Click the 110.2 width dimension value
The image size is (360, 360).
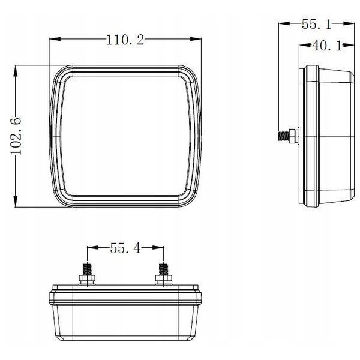point(125,40)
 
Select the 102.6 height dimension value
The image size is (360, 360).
point(16,136)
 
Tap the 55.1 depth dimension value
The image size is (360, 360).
point(317,25)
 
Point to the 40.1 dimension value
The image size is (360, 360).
point(327,46)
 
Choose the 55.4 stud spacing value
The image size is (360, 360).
point(125,248)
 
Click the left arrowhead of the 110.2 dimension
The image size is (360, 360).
point(55,39)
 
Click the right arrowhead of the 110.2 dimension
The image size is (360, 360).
point(196,39)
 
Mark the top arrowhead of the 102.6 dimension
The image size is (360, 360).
point(16,71)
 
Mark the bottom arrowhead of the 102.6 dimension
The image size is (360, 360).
point(16,202)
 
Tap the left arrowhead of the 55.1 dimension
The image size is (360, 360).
point(284,23)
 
